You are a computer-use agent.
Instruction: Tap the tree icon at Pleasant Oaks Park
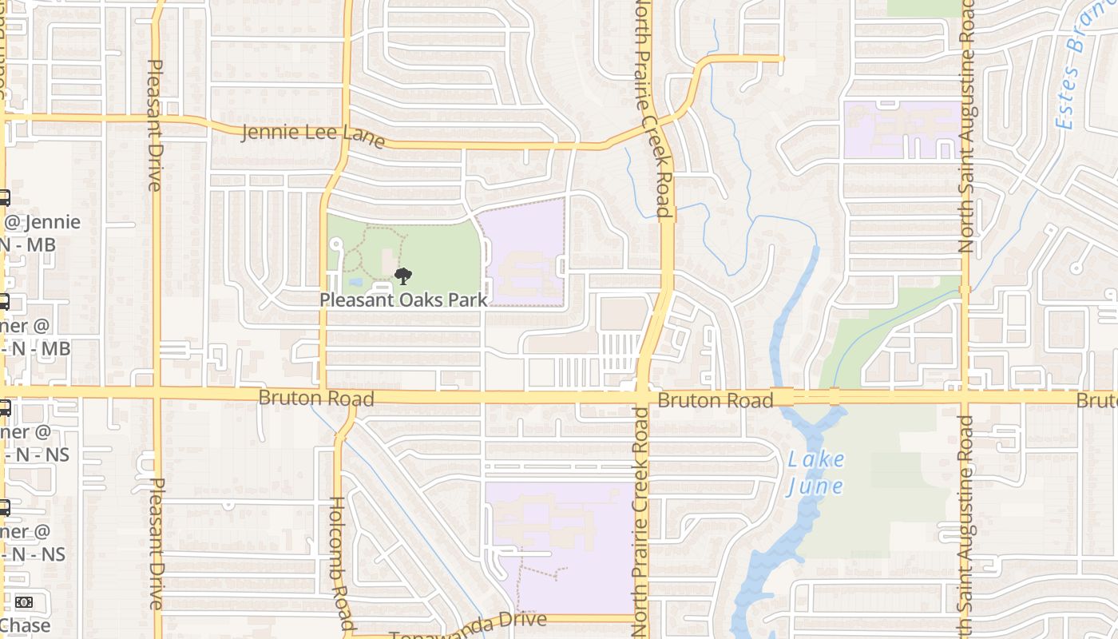(x=403, y=277)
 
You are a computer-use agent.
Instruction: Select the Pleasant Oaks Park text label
(x=403, y=300)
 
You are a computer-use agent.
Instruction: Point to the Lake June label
(x=815, y=472)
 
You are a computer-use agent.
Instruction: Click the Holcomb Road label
(x=341, y=563)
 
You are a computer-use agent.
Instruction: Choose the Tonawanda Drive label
(x=468, y=625)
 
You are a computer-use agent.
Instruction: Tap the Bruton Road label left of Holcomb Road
(x=315, y=398)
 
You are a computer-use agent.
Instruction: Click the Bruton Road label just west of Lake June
(x=715, y=399)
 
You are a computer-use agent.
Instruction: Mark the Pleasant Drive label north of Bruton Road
(x=155, y=125)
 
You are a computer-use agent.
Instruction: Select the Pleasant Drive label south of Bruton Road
(x=157, y=543)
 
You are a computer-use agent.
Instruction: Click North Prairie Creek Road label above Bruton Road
(x=661, y=108)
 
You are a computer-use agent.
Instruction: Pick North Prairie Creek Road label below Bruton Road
(x=641, y=523)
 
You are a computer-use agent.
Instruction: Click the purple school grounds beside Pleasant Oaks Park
(x=523, y=256)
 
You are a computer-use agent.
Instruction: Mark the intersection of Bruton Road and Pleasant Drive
(x=157, y=393)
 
